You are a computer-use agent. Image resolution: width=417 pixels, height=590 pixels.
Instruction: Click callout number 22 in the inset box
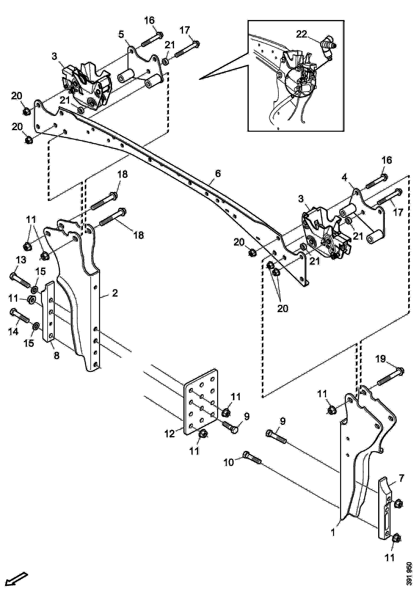pos(301,34)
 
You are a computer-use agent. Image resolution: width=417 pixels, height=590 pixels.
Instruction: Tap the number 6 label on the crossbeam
pos(218,174)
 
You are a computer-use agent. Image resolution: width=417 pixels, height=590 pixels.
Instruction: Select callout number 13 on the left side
pos(21,260)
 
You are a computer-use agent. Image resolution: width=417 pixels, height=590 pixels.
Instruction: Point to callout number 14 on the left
pos(13,332)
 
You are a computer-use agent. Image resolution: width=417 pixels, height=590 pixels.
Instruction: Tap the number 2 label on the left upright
pos(115,293)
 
